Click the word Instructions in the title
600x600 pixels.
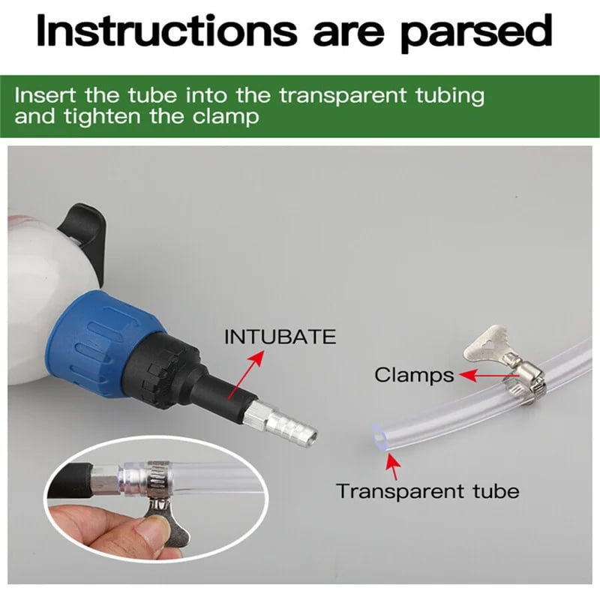[166, 31]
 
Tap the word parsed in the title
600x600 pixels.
[476, 34]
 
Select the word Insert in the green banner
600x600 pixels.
[44, 95]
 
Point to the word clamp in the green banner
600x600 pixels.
[226, 117]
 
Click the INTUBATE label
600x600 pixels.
[280, 337]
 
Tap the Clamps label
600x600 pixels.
[414, 375]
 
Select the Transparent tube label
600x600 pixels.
[427, 491]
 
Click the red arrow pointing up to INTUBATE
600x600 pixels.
[246, 375]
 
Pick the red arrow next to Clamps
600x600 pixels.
[489, 376]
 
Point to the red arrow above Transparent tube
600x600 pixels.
[393, 466]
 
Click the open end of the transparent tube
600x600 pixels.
[379, 437]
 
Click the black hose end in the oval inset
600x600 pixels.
[70, 481]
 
